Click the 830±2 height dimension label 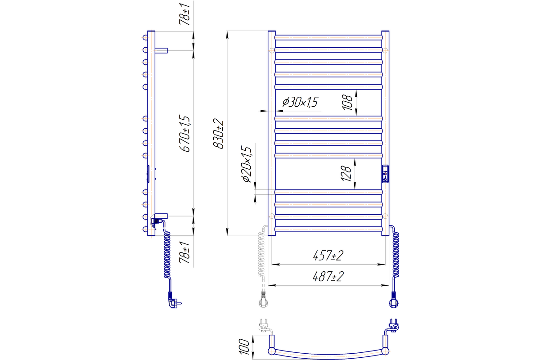tap(218, 134)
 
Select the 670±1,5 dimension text tap(185, 133)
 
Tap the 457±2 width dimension tap(328, 256)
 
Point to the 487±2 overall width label tap(328, 277)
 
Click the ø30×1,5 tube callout tap(301, 102)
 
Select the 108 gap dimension tap(347, 103)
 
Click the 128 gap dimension tap(346, 173)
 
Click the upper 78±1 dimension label tap(184, 14)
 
